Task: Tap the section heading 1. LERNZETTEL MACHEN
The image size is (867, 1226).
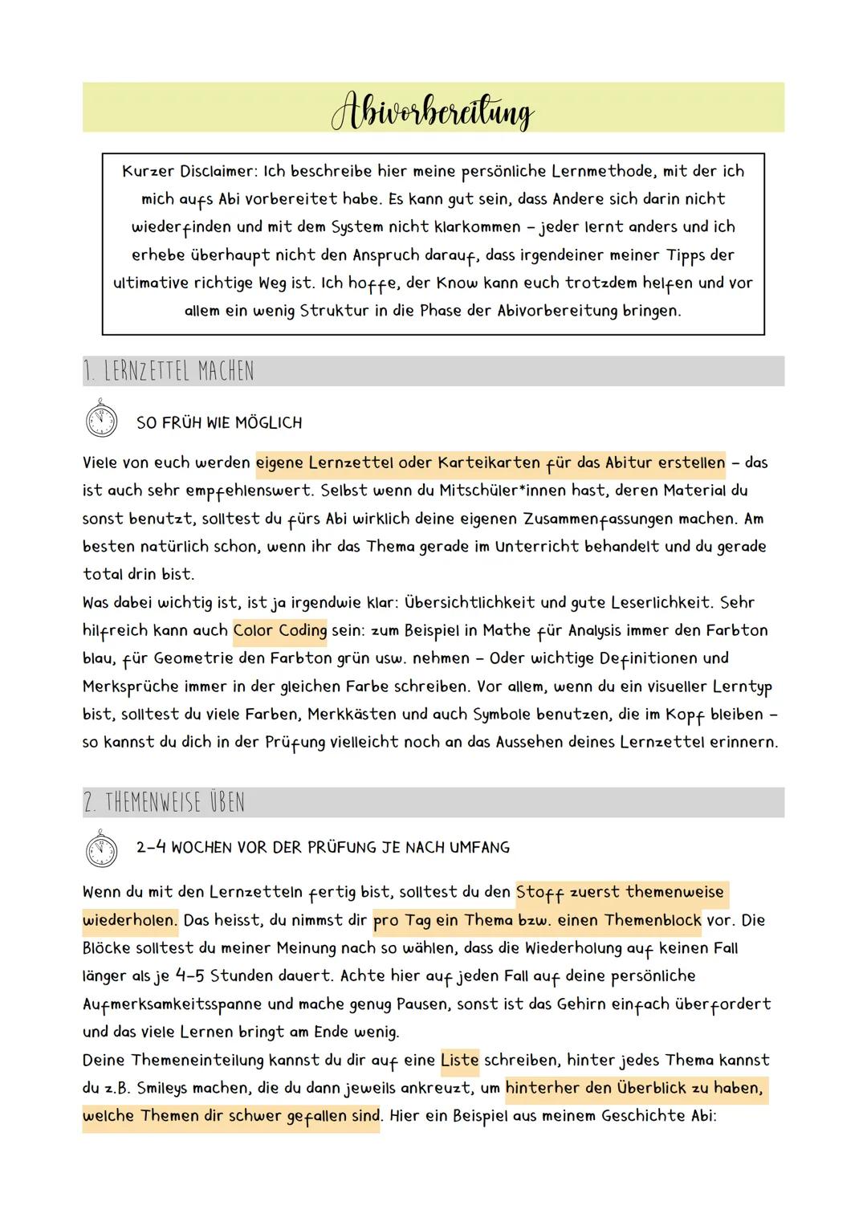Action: [168, 372]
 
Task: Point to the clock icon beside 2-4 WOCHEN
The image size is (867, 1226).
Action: [100, 848]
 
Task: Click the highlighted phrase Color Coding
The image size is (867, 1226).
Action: [280, 630]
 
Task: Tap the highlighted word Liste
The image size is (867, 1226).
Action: [460, 1060]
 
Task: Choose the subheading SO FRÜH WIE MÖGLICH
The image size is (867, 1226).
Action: [219, 423]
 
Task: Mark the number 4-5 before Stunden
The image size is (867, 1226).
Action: [189, 976]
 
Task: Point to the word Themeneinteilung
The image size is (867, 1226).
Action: [197, 1060]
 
